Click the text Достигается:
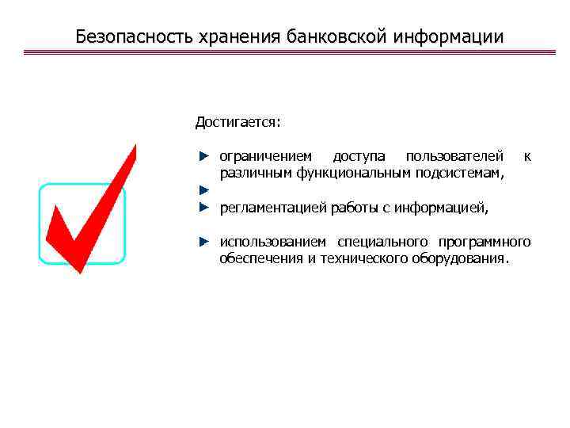237,123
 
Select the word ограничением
265,156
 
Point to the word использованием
271,242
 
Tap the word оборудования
463,258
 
